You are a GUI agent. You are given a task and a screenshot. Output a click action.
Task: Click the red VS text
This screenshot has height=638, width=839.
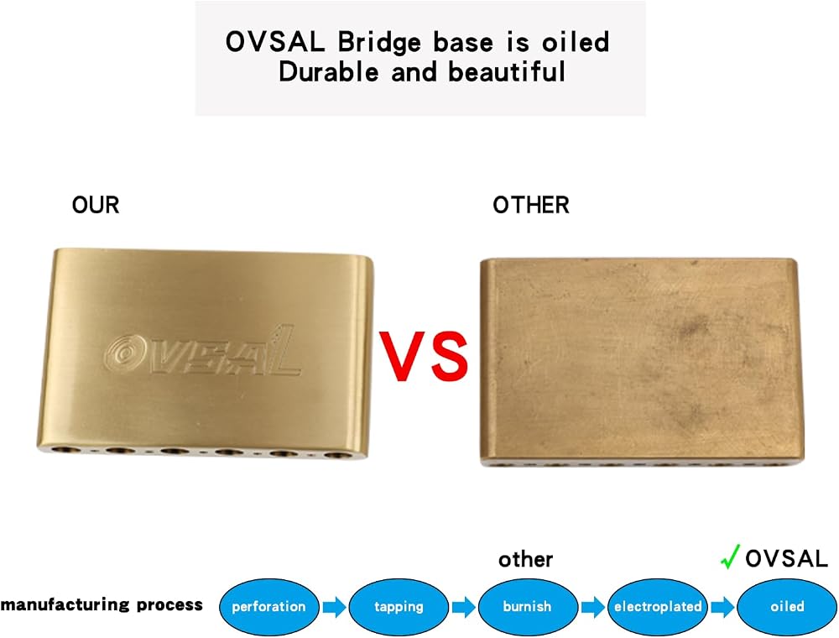click(x=424, y=355)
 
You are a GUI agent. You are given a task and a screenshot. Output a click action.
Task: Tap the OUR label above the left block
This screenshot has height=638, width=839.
click(x=96, y=205)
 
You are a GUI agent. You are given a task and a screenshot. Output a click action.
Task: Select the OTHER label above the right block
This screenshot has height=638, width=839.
click(x=531, y=205)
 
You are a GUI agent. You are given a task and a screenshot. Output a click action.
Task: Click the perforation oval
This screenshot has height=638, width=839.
click(x=269, y=607)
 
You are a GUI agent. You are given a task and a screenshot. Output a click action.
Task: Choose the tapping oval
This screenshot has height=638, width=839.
click(x=399, y=607)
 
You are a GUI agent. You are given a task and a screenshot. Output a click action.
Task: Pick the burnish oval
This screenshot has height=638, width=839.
click(x=528, y=607)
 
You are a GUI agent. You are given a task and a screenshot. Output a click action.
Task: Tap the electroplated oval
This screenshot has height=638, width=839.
click(x=658, y=607)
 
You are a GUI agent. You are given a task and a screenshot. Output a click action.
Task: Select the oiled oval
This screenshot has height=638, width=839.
click(x=787, y=607)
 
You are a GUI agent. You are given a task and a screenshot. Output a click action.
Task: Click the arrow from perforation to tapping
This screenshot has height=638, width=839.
click(x=335, y=607)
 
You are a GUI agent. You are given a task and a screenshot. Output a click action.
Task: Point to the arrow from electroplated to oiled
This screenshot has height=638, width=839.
click(x=723, y=607)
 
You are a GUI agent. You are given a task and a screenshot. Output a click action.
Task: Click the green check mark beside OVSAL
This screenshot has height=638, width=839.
click(x=730, y=557)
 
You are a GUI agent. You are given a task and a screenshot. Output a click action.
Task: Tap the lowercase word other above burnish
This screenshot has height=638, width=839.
click(x=525, y=559)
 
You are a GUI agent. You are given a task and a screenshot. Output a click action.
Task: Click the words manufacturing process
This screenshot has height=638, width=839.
click(x=102, y=604)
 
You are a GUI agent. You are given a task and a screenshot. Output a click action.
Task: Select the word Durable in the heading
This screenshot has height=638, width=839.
click(x=329, y=71)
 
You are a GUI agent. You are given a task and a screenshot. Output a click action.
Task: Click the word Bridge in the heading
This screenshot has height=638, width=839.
click(x=379, y=42)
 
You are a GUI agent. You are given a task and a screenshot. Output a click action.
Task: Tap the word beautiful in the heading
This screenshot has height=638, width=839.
click(x=506, y=71)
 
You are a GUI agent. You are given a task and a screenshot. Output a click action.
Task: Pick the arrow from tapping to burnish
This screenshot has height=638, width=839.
click(x=464, y=607)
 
